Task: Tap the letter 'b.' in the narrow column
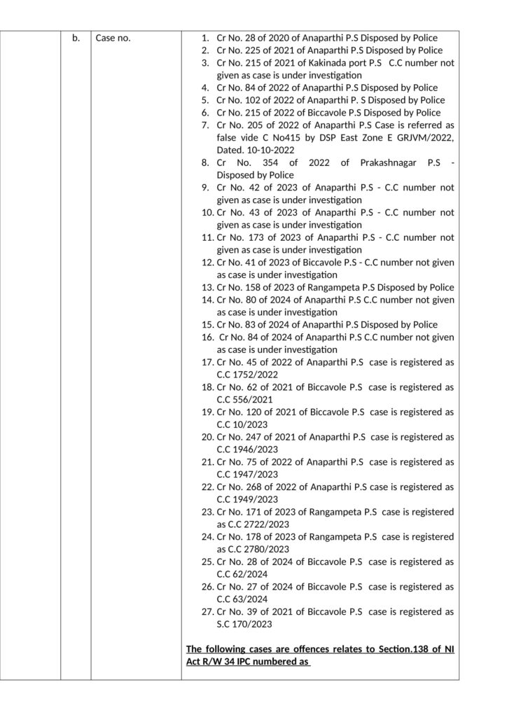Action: [76, 39]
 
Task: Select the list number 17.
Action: [207, 362]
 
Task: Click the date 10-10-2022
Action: [267, 150]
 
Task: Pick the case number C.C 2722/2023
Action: [259, 524]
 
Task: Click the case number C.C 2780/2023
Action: [259, 549]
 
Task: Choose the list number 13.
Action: [207, 287]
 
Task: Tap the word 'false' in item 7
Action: [228, 137]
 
